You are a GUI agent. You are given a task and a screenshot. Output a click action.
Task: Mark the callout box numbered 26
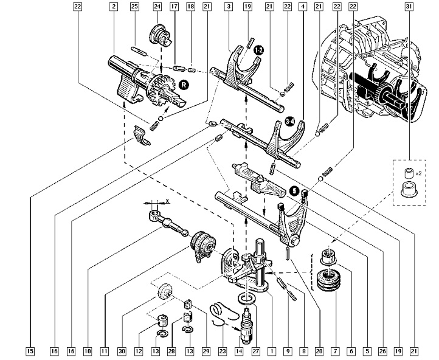pyautogui.click(x=381, y=351)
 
